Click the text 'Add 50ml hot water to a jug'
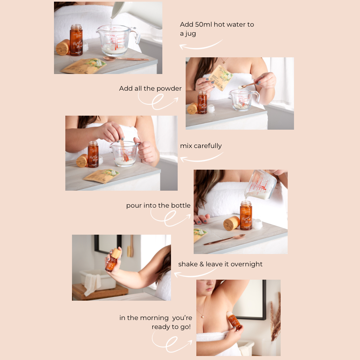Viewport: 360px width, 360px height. click(x=217, y=29)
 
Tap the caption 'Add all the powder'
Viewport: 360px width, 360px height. click(x=150, y=88)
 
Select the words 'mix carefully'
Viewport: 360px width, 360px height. click(x=201, y=146)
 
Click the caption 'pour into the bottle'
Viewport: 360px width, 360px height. click(x=158, y=205)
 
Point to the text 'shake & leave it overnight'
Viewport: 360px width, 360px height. click(x=220, y=264)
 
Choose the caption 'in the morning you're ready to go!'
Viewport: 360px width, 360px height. click(x=156, y=322)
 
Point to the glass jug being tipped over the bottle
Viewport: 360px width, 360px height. click(x=260, y=185)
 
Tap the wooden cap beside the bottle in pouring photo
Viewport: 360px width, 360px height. click(x=231, y=223)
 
